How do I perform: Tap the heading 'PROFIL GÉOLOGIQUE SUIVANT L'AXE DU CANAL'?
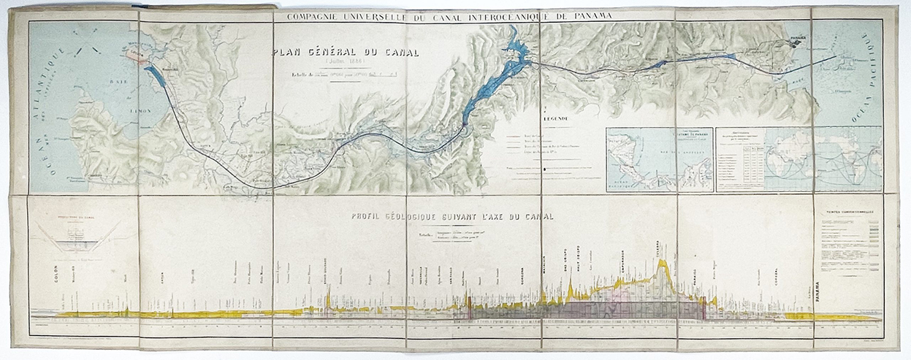pos(451,216)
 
